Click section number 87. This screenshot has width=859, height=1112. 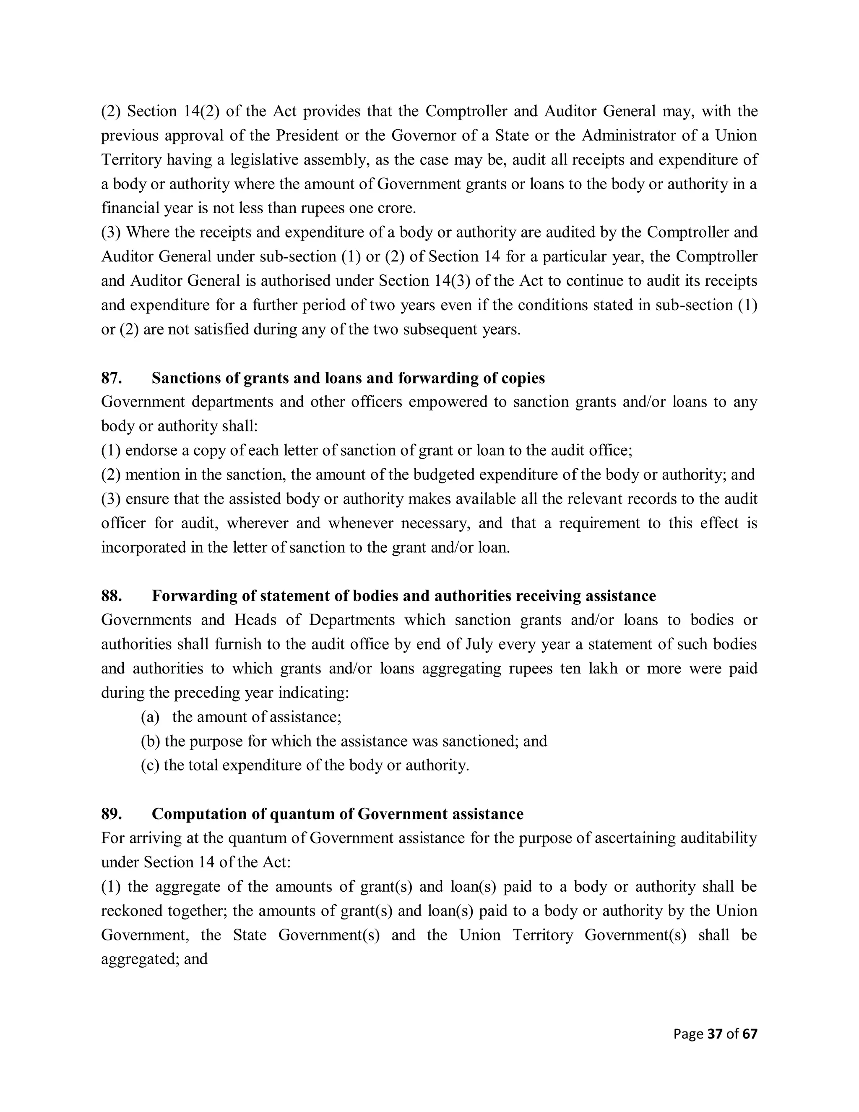coord(111,378)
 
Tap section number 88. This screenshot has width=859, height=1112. coord(111,596)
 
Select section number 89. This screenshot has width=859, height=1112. coord(111,814)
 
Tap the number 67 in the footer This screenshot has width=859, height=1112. coord(750,1034)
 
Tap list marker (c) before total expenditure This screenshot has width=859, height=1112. coord(150,766)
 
